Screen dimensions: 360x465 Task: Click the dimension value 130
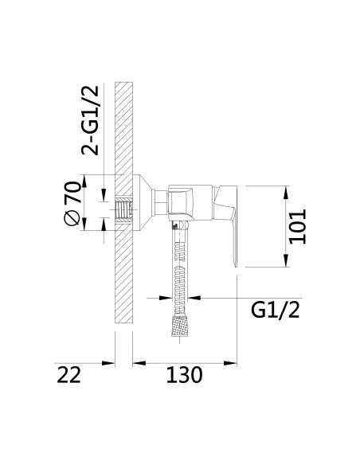(x=184, y=375)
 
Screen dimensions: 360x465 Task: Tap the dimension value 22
(x=68, y=375)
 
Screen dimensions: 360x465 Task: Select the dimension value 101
(x=297, y=227)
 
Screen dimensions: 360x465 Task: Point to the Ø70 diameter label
(x=72, y=204)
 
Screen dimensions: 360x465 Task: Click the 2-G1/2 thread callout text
(x=89, y=120)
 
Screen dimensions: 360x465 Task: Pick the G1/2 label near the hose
(x=276, y=310)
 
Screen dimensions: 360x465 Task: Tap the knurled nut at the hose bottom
(x=180, y=326)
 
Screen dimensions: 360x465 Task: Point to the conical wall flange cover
(x=143, y=202)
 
